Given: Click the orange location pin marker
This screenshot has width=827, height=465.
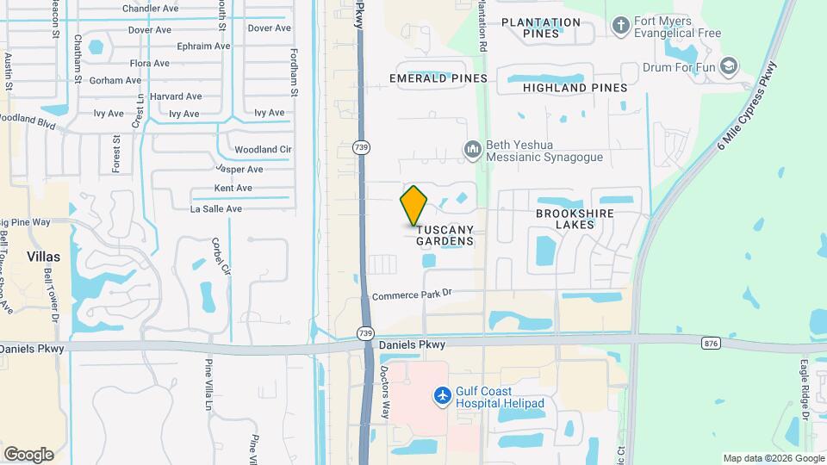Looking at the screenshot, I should click(414, 206).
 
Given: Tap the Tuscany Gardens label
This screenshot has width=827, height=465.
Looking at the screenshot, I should click(445, 235).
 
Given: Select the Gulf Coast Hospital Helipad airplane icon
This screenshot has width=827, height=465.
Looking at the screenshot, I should click(443, 395).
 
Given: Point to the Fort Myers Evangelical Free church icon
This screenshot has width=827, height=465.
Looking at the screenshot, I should click(620, 26).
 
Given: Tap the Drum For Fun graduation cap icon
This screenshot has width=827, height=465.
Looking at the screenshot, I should click(729, 66).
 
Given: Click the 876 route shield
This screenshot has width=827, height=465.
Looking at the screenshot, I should click(711, 344).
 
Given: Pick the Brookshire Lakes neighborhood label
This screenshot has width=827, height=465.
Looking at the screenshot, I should click(572, 218).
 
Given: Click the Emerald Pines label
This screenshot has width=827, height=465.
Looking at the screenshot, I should click(438, 78).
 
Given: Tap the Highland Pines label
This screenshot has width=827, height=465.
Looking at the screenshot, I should click(568, 87).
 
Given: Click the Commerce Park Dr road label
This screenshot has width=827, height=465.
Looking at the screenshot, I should click(413, 295).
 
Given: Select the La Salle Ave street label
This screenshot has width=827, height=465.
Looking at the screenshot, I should click(216, 208).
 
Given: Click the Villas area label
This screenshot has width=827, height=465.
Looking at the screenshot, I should click(43, 257).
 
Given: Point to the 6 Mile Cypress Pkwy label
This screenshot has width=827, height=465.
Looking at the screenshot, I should click(748, 108).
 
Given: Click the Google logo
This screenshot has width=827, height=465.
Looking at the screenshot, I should click(28, 455).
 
